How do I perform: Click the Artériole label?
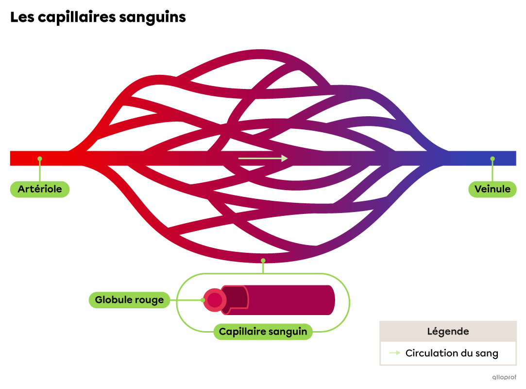click(x=40, y=189)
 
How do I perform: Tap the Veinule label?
click(x=492, y=189)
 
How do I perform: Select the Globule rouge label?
click(x=129, y=300)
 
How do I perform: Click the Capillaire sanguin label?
click(x=263, y=332)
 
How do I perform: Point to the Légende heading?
click(x=448, y=332)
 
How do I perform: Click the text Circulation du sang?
click(x=452, y=354)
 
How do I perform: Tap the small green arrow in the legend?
click(x=395, y=353)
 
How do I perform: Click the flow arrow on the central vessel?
click(x=263, y=158)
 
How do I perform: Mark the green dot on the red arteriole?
click(x=40, y=159)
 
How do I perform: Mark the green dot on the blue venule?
click(x=492, y=159)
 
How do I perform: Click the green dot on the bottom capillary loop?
click(x=263, y=261)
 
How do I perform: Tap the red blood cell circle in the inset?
click(x=214, y=300)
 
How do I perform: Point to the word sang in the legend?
click(x=487, y=354)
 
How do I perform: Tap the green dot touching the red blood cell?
click(x=204, y=300)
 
